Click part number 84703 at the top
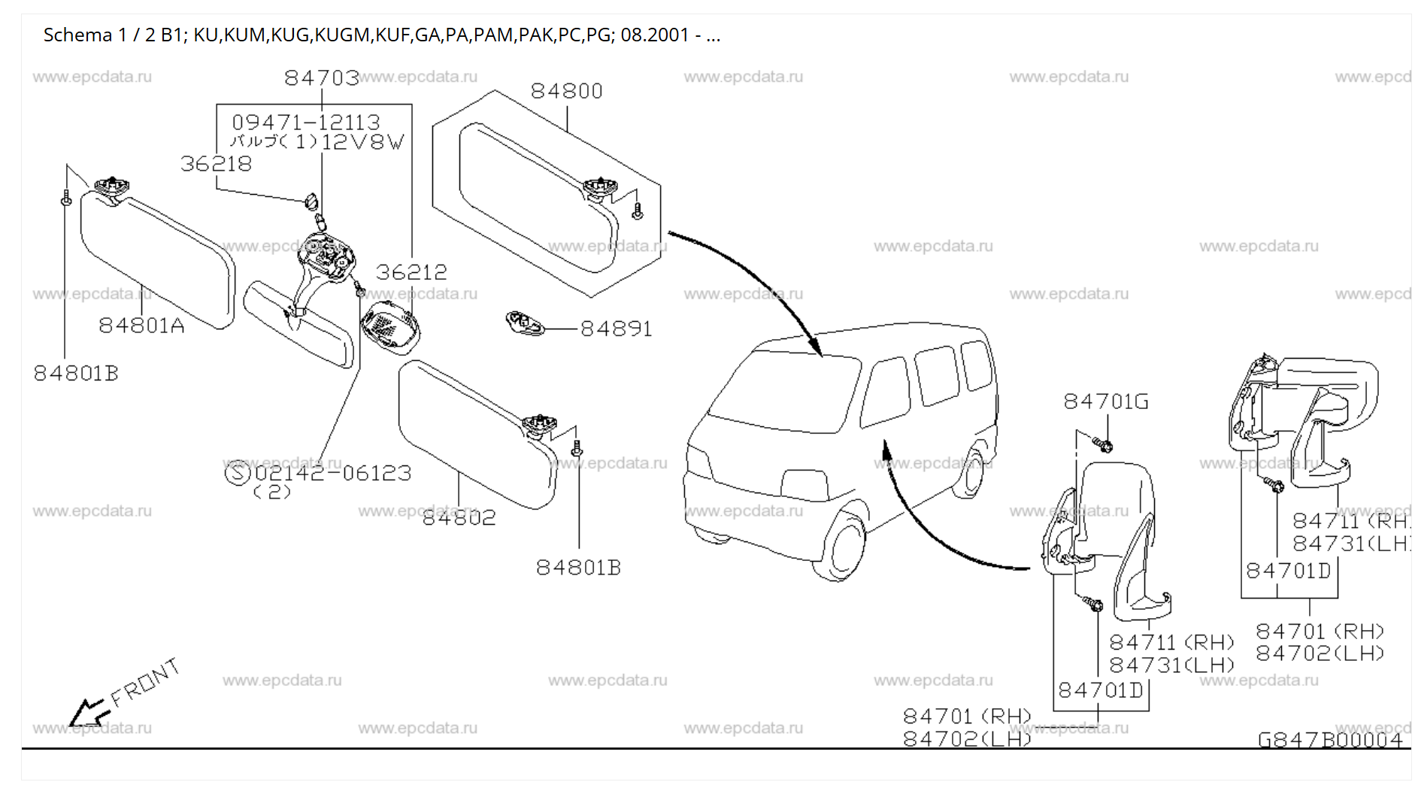(321, 77)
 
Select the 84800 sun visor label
(566, 91)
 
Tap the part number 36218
(216, 164)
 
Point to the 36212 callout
(411, 272)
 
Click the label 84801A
(141, 326)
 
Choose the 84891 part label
(616, 329)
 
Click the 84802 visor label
(459, 517)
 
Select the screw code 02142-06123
(332, 473)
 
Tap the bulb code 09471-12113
(305, 122)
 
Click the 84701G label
(1105, 402)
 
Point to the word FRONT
(146, 683)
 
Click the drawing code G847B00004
(1329, 740)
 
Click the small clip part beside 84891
(524, 323)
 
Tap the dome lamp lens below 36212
(390, 326)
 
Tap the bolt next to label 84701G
(1104, 445)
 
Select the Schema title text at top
(381, 35)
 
